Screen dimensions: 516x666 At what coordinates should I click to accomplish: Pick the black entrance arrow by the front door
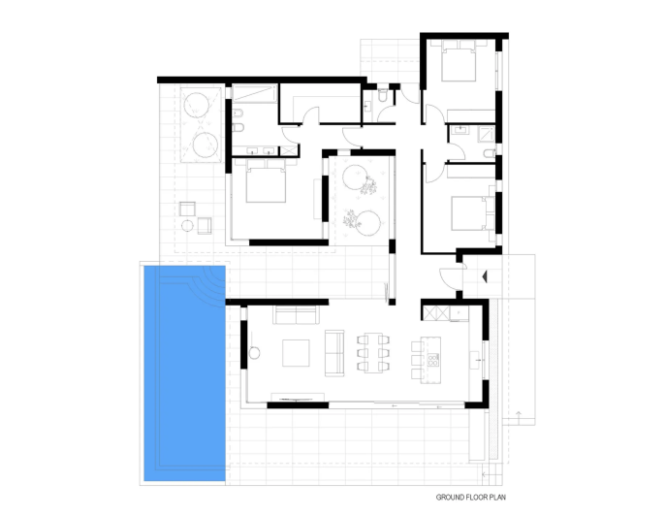pyautogui.click(x=483, y=276)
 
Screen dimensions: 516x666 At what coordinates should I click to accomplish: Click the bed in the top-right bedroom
pyautogui.click(x=458, y=65)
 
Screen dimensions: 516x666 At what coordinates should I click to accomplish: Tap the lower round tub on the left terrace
pyautogui.click(x=206, y=145)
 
